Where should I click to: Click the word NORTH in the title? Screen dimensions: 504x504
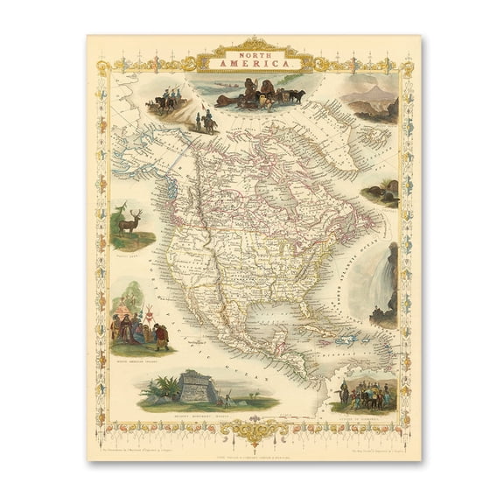pos(252,52)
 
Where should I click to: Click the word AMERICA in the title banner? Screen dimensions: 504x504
pos(252,63)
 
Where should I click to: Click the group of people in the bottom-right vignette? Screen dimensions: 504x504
pos(366,395)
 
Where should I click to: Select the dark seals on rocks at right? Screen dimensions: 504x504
pos(385,193)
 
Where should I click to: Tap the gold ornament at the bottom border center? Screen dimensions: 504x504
pos(253,431)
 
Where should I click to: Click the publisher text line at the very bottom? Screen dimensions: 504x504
pos(253,448)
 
